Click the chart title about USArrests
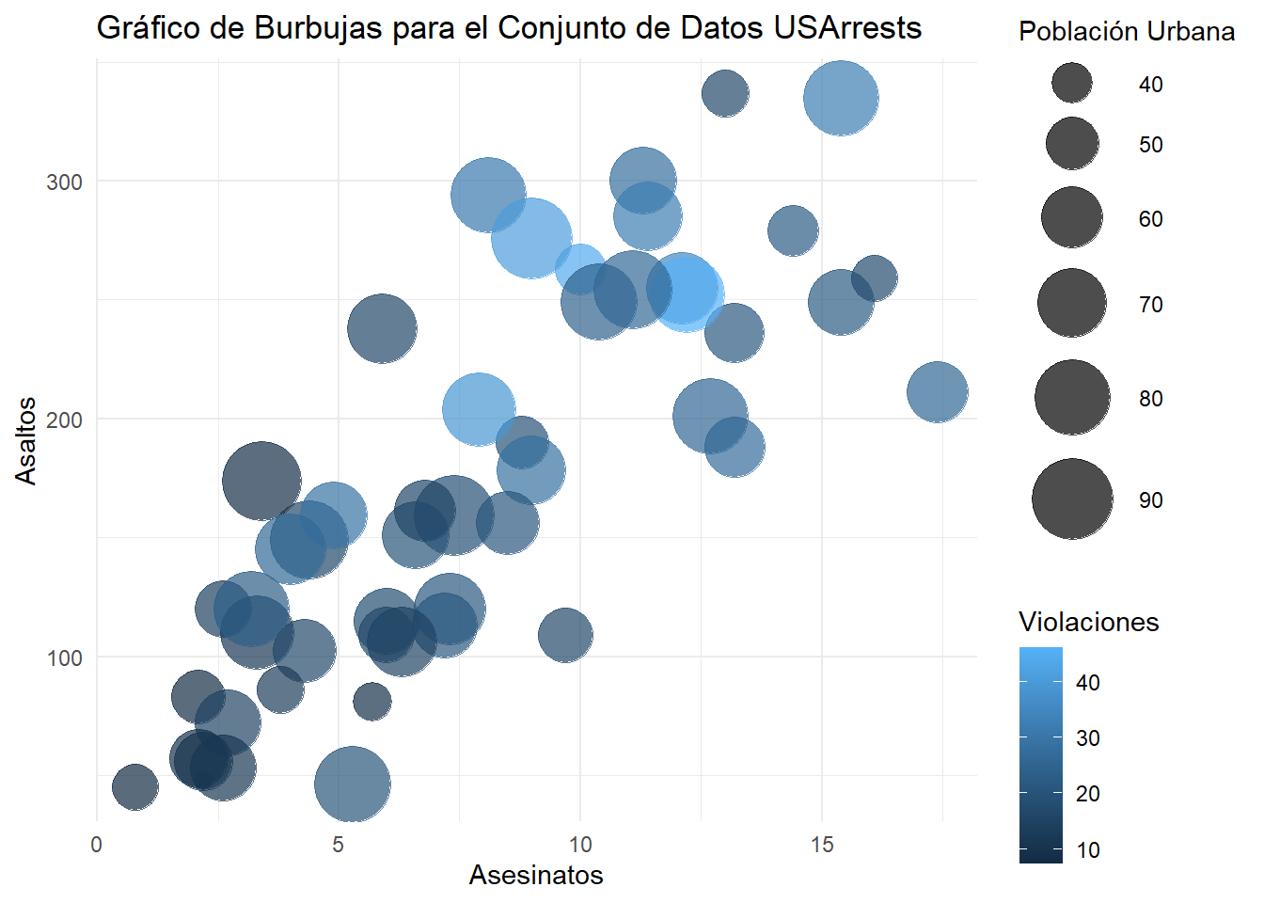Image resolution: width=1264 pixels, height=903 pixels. [509, 28]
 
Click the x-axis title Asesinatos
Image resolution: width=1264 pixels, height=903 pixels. [536, 875]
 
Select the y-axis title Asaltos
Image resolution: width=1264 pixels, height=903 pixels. [26, 440]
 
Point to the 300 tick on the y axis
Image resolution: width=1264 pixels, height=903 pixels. [64, 182]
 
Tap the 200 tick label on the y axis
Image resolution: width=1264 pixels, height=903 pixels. [64, 420]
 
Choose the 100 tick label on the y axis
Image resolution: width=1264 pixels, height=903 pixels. [64, 657]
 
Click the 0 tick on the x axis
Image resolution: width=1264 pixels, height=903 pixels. [96, 845]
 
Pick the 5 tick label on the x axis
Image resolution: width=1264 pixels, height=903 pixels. [338, 845]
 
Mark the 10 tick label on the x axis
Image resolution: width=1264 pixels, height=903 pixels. [580, 845]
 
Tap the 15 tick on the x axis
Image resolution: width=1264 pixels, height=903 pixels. [822, 845]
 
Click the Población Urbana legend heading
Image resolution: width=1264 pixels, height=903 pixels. [1127, 32]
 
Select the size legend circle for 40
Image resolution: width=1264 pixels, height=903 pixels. [1072, 84]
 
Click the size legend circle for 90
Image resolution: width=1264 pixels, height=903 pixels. [1072, 499]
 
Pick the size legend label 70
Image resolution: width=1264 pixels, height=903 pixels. [1150, 305]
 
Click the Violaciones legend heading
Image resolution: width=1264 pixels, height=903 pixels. [1088, 622]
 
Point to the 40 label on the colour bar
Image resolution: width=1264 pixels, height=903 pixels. [1088, 683]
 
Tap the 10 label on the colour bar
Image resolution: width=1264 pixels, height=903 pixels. [1088, 850]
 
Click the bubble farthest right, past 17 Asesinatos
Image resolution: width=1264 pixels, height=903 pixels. [937, 391]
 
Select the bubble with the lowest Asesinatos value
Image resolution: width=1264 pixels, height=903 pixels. [134, 786]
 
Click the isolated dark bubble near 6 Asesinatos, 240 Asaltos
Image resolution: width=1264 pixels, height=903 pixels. [382, 328]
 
